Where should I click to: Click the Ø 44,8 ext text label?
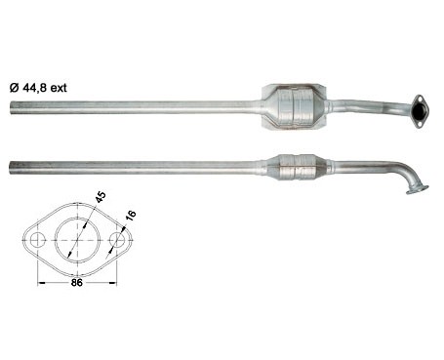tap(38, 88)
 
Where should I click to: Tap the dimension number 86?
tap(77, 283)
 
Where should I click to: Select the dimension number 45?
tap(101, 197)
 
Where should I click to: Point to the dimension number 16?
tap(130, 216)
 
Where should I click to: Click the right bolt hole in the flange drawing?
tap(117, 240)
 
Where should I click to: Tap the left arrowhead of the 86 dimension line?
tap(41, 283)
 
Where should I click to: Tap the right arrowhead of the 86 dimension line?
tap(113, 283)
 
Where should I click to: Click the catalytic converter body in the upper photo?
tap(295, 107)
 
